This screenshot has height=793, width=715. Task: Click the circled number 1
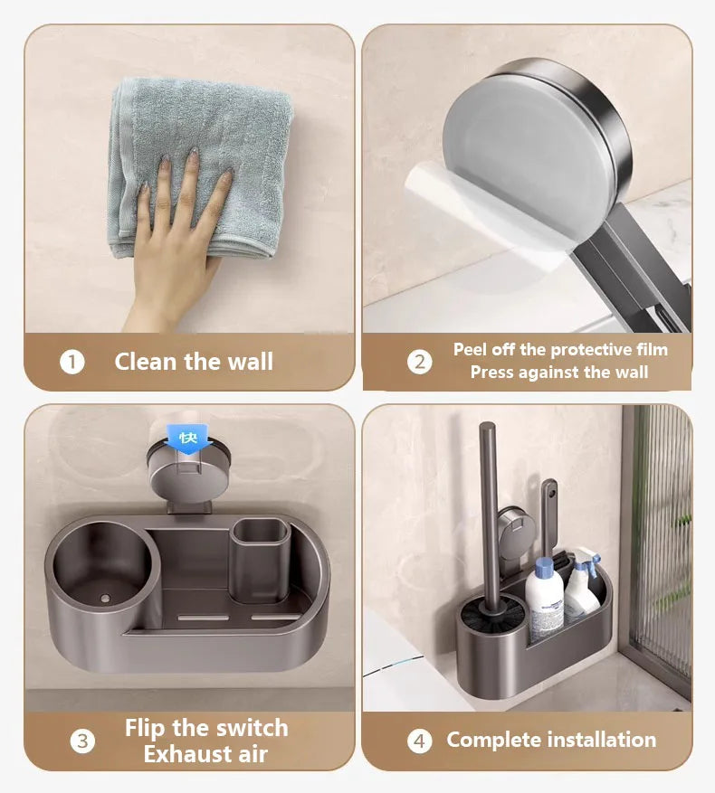point(71,362)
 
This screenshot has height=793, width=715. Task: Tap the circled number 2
point(420,362)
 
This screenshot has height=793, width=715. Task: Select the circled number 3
point(82,741)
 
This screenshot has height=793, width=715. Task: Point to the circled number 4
point(420,741)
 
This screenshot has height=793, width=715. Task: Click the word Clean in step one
point(147,362)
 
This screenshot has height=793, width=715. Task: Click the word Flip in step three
point(146,729)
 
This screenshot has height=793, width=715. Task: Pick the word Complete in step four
point(494,741)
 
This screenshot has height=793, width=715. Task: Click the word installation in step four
point(602,740)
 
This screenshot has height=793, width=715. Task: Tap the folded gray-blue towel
point(200,167)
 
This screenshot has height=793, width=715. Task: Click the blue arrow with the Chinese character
point(187,438)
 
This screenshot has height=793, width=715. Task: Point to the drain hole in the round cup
point(105,599)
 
